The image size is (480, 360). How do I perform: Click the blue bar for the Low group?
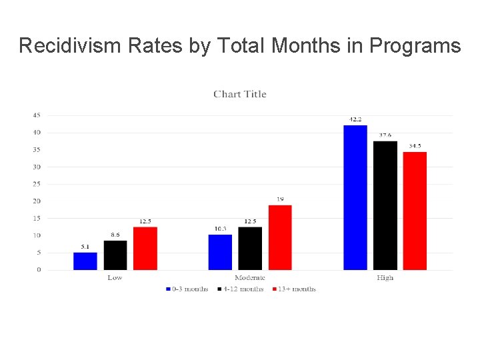pos(85,261)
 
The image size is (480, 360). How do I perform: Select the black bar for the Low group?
pos(115,255)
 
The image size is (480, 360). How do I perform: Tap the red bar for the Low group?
pos(145,249)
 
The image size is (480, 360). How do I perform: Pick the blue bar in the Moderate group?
pos(220,252)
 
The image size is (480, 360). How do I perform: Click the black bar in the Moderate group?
pos(250,249)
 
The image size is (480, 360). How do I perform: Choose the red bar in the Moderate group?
pos(280,237)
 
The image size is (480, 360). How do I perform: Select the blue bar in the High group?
pos(355,197)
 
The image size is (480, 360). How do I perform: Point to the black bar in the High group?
pos(385,205)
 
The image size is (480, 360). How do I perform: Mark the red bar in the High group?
pos(415,211)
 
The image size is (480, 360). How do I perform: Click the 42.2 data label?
pos(355,120)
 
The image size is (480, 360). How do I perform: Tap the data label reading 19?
pos(280,199)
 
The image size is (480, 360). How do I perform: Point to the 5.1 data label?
pos(85,247)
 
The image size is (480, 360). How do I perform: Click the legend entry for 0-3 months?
pos(187,289)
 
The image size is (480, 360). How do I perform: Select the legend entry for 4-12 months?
pos(241,289)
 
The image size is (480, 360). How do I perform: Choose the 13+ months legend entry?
pos(295,289)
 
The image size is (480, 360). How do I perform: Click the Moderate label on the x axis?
pos(250,278)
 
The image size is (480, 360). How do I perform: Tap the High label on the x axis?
pos(385,278)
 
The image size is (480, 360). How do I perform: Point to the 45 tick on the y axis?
pos(36,115)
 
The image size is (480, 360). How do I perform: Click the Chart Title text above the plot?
pos(240,94)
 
